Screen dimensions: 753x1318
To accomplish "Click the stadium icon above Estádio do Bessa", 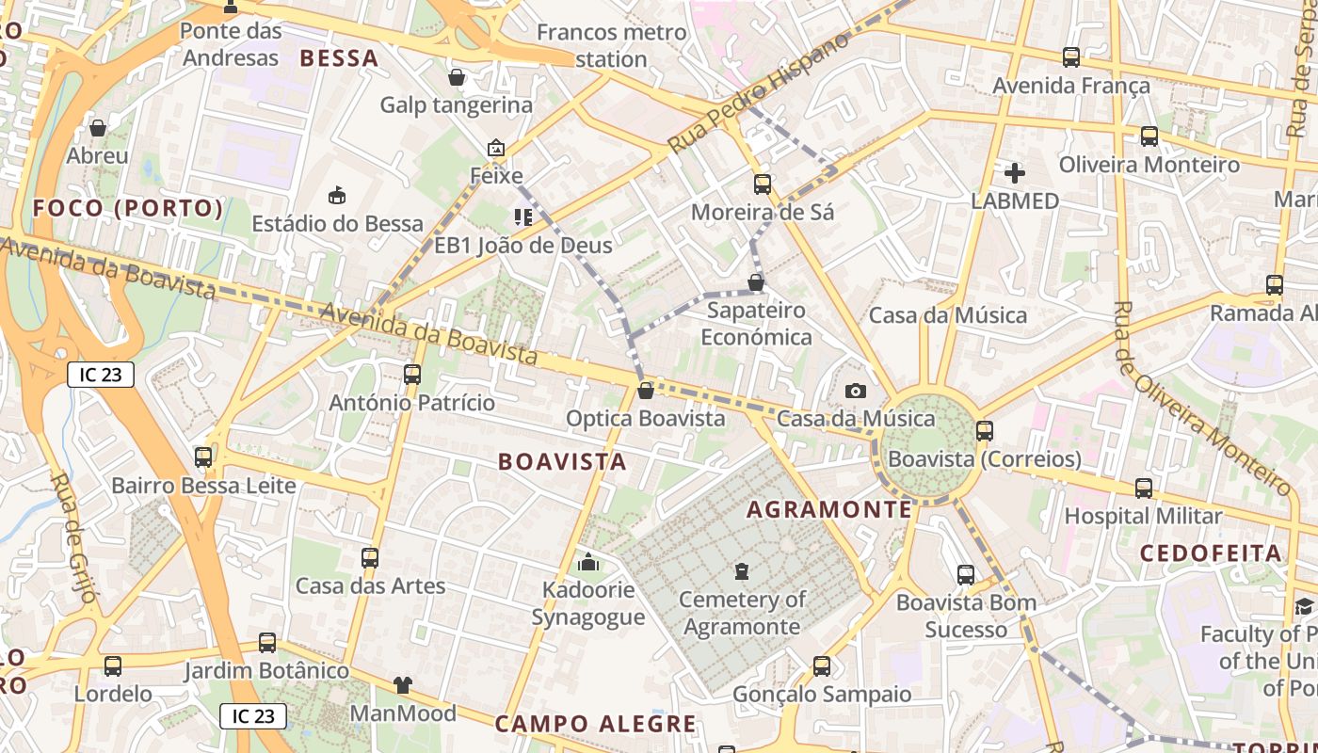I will [336, 195].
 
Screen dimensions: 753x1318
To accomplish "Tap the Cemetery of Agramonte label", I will [742, 613].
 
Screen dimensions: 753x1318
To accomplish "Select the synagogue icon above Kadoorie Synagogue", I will [588, 562].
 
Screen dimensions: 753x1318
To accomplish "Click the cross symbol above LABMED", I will [1015, 173].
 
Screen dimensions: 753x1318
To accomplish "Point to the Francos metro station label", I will [611, 45].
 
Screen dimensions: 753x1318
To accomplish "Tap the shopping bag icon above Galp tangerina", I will [457, 77].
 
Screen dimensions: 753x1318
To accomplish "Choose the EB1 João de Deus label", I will [522, 246].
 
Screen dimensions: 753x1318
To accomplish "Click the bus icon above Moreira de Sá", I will [763, 184].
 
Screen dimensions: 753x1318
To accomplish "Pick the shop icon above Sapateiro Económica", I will [755, 282].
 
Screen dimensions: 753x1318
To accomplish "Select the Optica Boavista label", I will [646, 418].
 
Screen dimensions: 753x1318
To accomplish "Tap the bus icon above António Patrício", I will [411, 375].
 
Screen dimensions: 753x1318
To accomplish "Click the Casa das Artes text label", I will [370, 585].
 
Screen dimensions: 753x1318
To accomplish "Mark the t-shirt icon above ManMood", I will [403, 685].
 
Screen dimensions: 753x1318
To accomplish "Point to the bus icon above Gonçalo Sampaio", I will [822, 666].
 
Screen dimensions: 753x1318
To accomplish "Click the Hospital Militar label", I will [1143, 516].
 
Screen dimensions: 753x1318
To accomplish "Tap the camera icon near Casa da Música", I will [855, 391].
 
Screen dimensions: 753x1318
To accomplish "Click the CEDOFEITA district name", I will [1211, 553].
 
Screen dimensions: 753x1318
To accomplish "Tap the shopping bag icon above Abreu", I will [98, 128].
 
